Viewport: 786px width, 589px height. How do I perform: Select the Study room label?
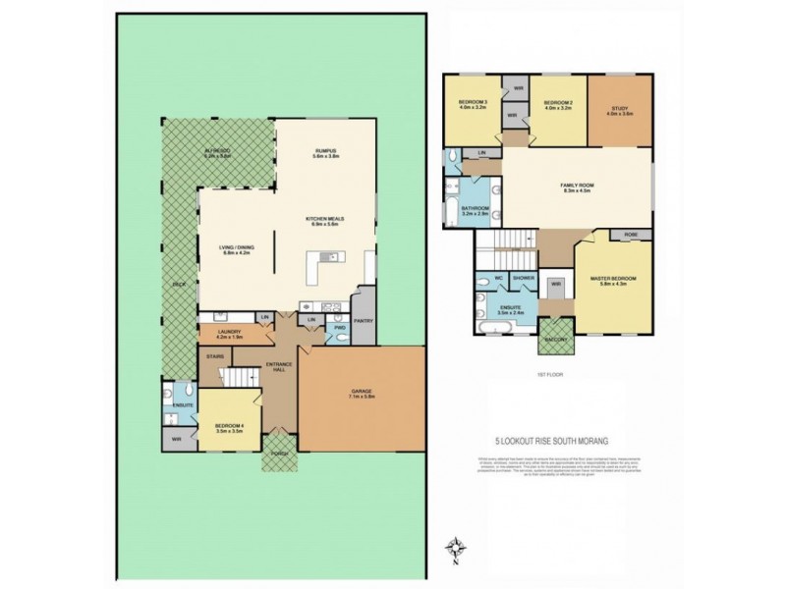[x=621, y=110]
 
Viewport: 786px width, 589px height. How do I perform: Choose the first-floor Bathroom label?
[x=476, y=209]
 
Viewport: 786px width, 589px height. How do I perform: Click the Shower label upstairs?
[x=523, y=278]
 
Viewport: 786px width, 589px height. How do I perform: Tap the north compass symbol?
[x=453, y=549]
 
